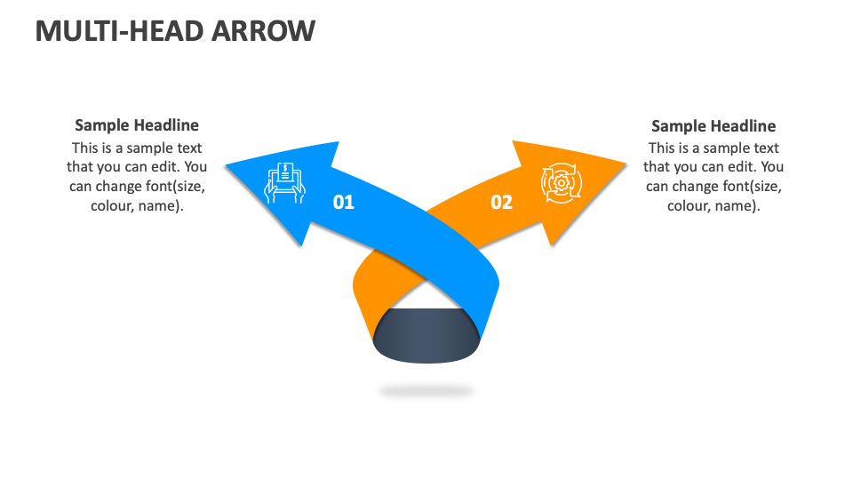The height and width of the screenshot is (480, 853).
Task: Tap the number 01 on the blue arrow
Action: (x=343, y=203)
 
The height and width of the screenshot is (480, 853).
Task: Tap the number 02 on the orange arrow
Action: (x=502, y=203)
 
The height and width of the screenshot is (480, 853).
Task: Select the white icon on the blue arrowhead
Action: (x=285, y=182)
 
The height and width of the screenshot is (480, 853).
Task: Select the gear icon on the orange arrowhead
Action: (x=562, y=184)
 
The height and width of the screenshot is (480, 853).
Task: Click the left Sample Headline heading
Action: (x=137, y=125)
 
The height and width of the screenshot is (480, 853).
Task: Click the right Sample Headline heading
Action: (x=713, y=126)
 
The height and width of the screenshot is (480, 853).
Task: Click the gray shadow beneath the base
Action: (x=426, y=390)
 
